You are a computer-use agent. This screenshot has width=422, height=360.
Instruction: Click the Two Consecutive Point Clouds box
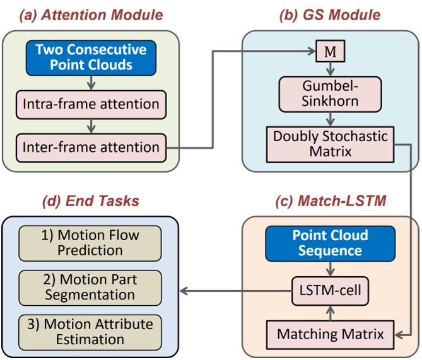[x=91, y=58]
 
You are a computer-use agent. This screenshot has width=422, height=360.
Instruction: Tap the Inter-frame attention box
[x=91, y=148]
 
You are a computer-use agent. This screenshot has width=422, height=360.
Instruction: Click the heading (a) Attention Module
[x=90, y=14]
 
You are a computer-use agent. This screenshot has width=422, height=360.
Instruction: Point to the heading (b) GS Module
[x=329, y=14]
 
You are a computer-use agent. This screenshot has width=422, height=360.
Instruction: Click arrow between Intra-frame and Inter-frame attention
[x=91, y=124]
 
